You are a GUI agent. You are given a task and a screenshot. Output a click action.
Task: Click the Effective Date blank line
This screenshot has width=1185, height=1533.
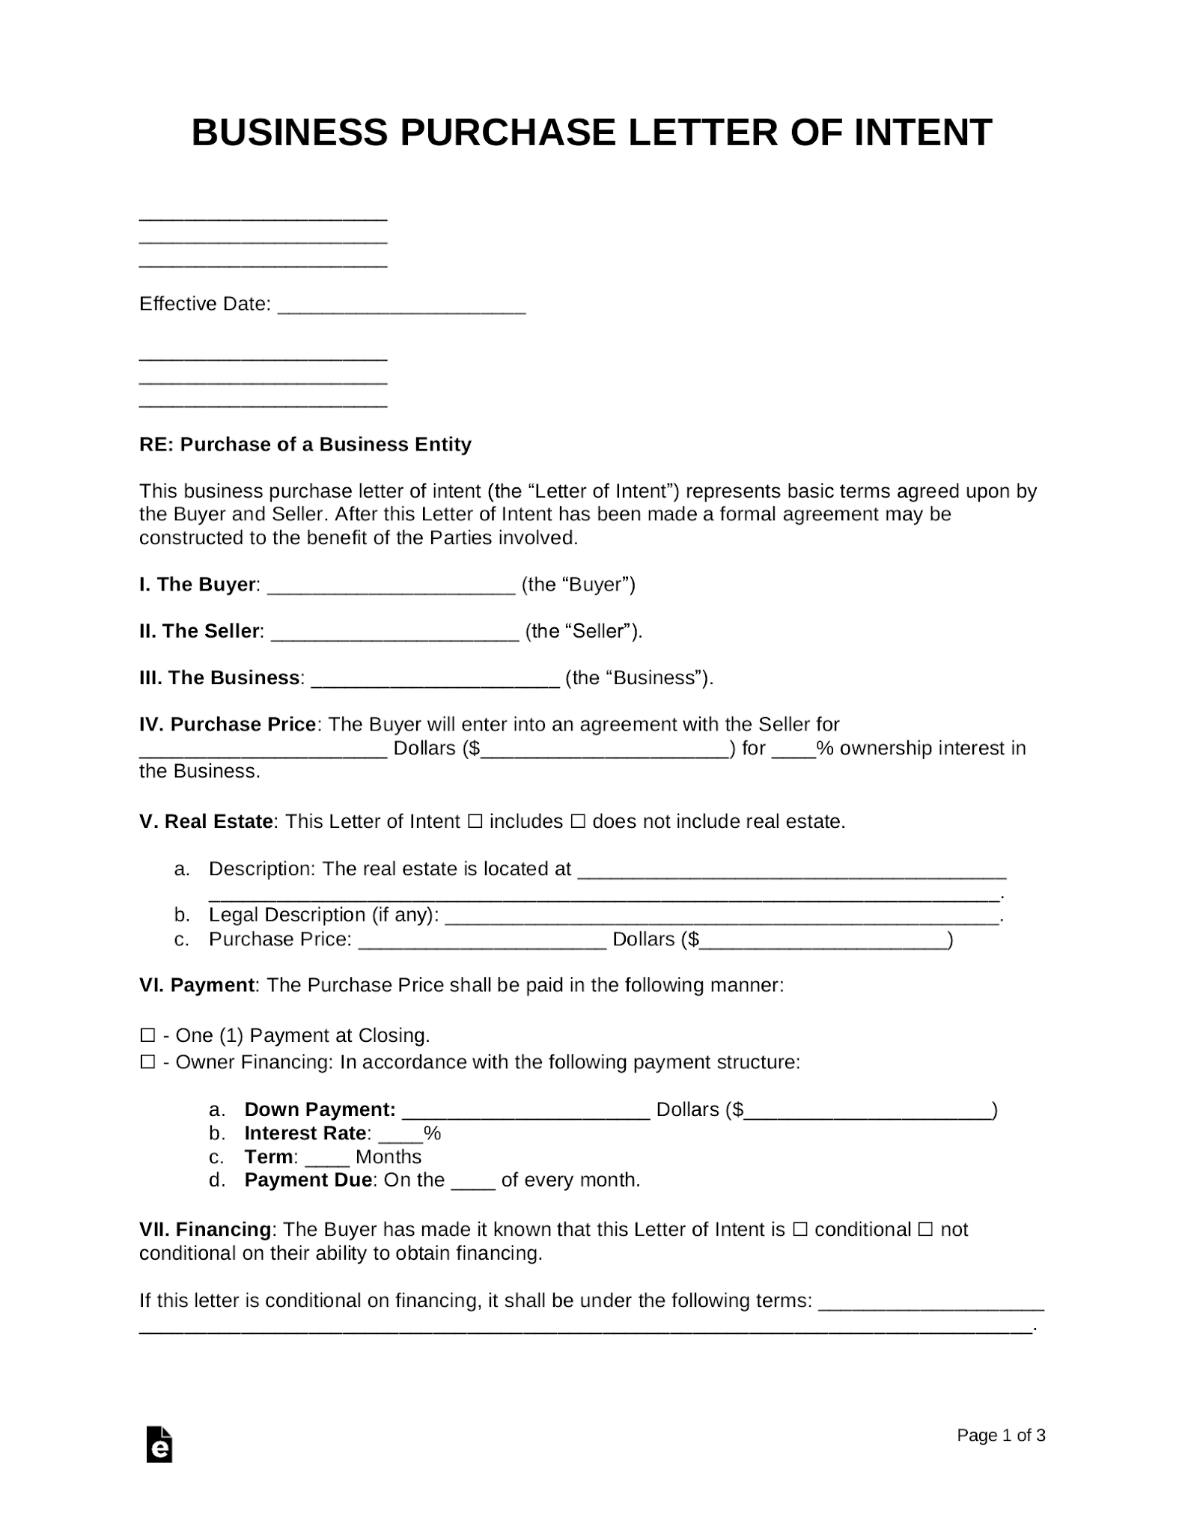[x=401, y=307]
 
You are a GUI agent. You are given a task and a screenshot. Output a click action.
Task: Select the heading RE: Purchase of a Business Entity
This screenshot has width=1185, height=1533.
[x=305, y=445]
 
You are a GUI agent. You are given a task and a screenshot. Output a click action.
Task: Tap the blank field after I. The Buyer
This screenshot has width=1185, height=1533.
[x=391, y=588]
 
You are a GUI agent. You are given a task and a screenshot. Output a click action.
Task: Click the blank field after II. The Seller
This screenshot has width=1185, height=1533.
[x=395, y=634]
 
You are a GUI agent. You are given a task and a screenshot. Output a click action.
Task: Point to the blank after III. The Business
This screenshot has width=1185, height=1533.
[x=435, y=680]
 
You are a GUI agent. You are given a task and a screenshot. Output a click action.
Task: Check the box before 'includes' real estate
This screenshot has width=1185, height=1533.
[x=475, y=822]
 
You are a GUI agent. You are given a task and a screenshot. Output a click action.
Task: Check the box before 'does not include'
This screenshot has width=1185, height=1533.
[x=577, y=822]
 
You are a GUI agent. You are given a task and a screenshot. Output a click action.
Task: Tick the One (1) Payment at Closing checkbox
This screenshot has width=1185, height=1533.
[x=147, y=1036]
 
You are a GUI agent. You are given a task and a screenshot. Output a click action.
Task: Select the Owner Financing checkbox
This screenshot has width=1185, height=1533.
[x=147, y=1062]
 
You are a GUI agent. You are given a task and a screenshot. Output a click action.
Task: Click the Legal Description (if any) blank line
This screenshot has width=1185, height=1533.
[x=722, y=918]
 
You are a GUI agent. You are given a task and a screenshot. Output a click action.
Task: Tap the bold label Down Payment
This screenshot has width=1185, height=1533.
[x=320, y=1109]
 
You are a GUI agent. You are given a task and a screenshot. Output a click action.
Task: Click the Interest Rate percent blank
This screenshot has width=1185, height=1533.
[x=400, y=1136]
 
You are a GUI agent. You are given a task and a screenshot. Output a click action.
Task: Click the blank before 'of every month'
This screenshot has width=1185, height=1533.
[x=473, y=1183]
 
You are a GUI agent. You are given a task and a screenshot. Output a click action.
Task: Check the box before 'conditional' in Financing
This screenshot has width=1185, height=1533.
[x=799, y=1230]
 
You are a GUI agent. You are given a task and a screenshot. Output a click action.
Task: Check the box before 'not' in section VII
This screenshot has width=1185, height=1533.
[x=925, y=1230]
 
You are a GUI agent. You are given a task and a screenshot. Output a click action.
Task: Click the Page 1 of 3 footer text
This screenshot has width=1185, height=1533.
[x=1001, y=1435]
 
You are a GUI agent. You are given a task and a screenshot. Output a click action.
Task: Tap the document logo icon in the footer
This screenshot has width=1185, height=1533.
[x=159, y=1444]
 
